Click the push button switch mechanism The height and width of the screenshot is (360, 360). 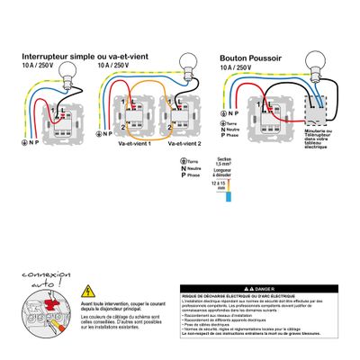click(x=266, y=115)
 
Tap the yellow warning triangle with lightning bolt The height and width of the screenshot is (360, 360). click(x=88, y=292)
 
